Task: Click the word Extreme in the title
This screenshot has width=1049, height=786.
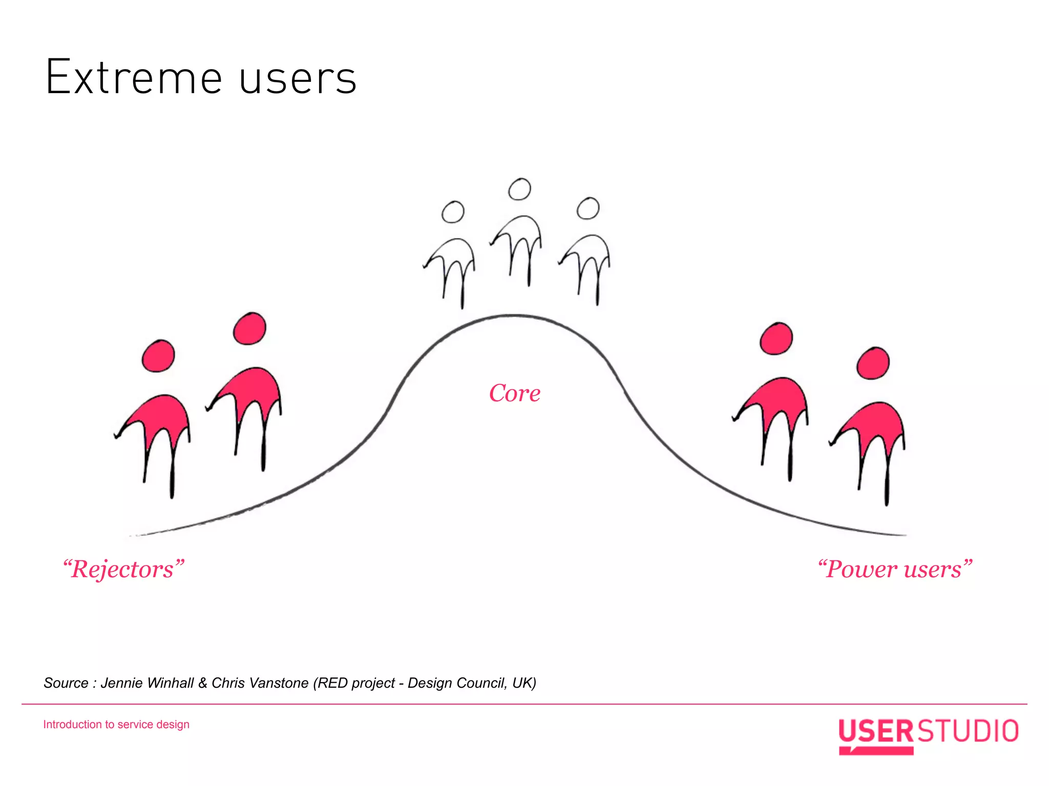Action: click(x=134, y=78)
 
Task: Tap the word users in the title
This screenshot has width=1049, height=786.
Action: click(x=298, y=79)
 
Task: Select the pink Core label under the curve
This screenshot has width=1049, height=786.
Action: click(x=515, y=394)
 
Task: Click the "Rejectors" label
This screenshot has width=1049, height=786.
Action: click(x=123, y=569)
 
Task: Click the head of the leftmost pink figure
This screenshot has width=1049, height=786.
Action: click(x=158, y=356)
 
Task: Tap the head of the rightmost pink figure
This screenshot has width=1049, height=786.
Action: click(x=873, y=363)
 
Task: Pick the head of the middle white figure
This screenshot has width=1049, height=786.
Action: click(x=519, y=189)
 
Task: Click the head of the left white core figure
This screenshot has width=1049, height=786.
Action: click(x=453, y=212)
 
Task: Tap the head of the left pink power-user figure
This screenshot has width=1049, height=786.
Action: click(x=777, y=339)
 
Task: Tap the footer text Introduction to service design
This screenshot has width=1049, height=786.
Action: click(x=116, y=725)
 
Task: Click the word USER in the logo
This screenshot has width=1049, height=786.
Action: click(x=876, y=731)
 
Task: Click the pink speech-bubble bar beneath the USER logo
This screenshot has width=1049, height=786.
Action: click(x=877, y=751)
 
